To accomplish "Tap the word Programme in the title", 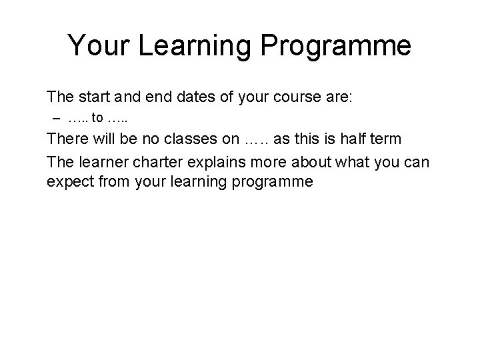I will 336,46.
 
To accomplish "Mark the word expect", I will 68,181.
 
